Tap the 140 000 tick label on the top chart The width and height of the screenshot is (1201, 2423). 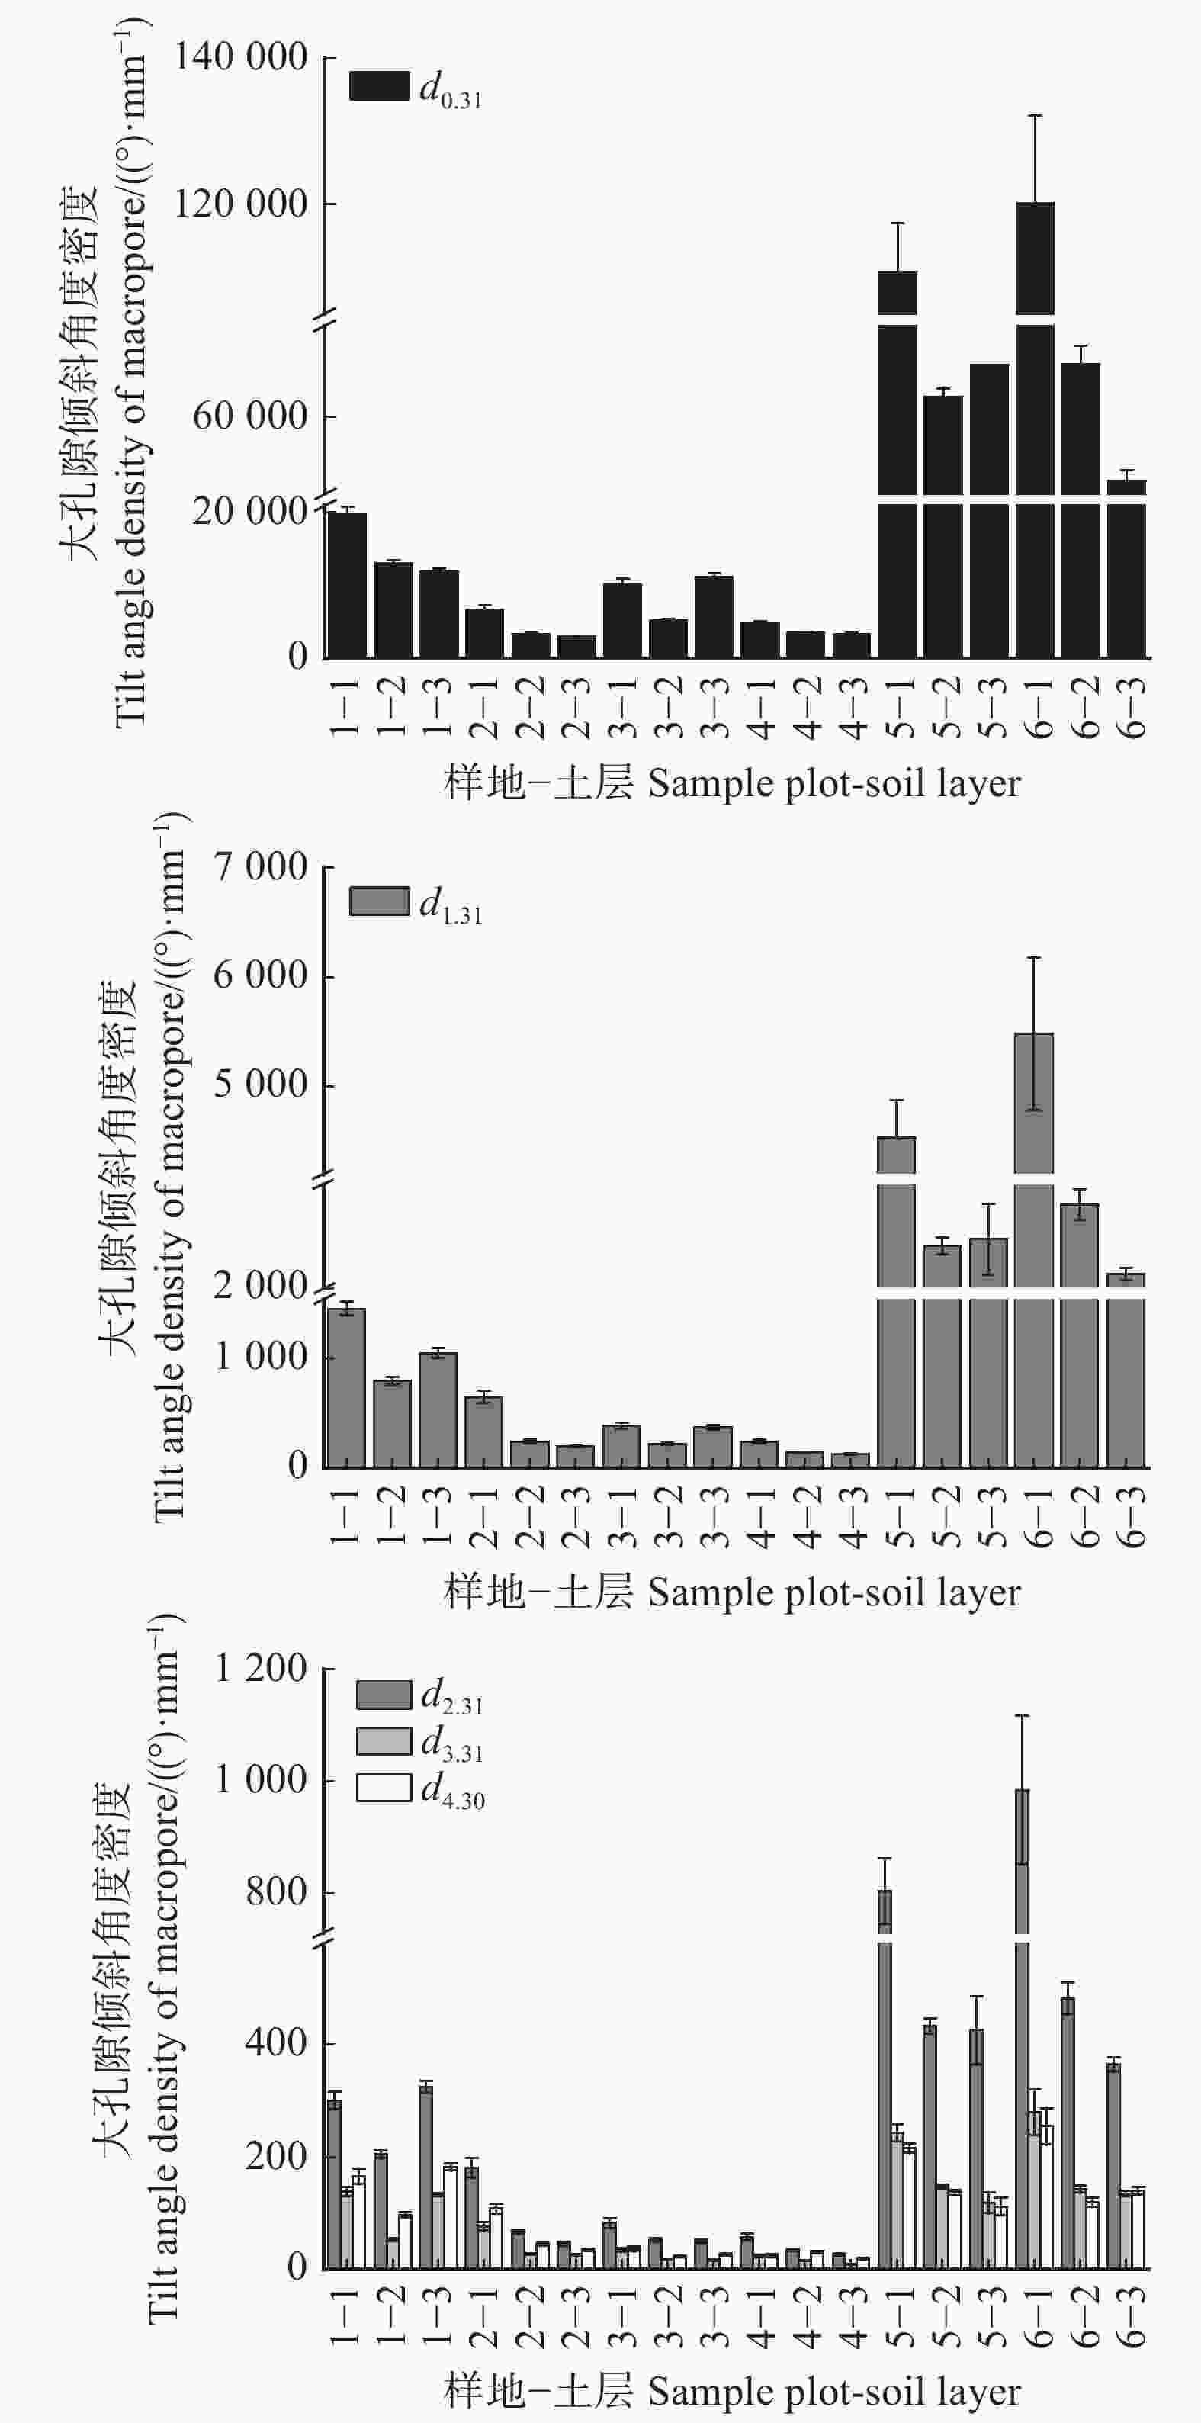coord(241,58)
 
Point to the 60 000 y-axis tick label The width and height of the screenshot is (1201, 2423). coord(250,416)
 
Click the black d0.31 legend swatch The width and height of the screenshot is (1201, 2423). coord(379,85)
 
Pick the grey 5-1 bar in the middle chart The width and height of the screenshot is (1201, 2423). coord(896,1317)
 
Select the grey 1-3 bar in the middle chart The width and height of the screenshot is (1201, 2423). coord(438,1410)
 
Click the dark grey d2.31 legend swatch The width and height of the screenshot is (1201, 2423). coord(384,1695)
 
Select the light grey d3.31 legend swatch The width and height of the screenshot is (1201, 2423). coord(384,1741)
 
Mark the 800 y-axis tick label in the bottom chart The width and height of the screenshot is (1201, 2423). coord(275,1892)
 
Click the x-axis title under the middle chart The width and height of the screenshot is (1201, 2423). coord(732,1592)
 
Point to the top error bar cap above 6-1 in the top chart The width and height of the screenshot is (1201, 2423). coord(1035,116)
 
